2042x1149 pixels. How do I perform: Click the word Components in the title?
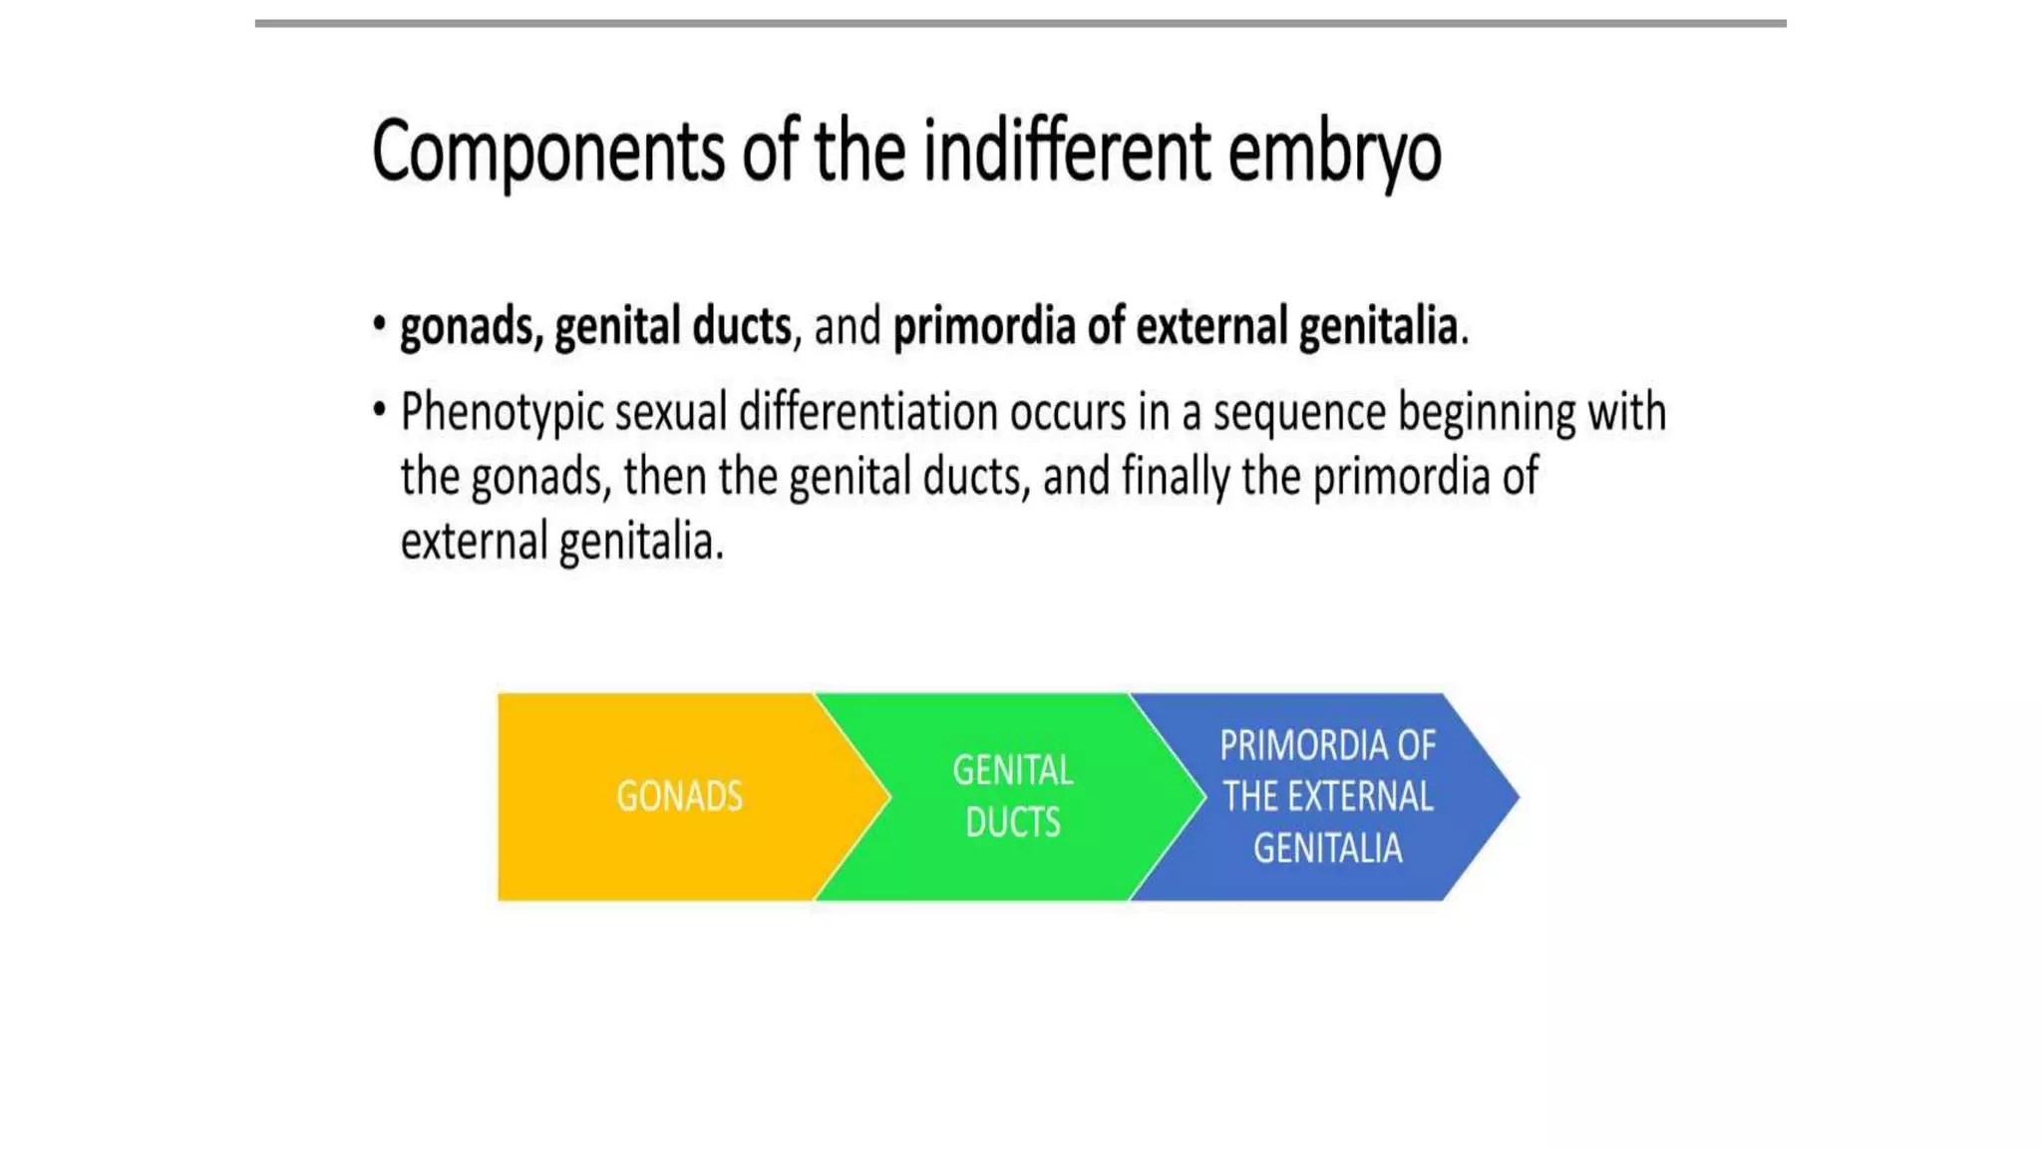click(547, 152)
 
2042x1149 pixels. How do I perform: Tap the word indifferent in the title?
click(1066, 152)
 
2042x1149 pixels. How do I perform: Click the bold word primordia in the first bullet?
click(983, 327)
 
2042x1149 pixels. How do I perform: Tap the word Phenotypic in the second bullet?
click(502, 413)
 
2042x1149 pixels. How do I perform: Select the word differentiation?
click(867, 413)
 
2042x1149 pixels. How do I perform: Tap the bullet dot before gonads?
click(379, 324)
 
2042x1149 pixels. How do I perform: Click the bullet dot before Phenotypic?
click(379, 409)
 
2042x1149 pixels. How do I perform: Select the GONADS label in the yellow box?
click(679, 797)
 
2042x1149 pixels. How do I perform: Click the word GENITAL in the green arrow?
click(1012, 771)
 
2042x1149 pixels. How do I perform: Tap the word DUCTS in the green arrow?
click(1012, 823)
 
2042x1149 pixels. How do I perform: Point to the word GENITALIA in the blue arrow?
click(1327, 849)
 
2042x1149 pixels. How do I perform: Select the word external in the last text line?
click(474, 543)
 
